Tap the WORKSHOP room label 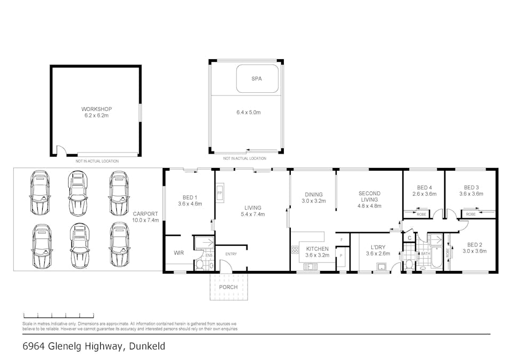coord(97,109)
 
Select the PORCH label coord(228,287)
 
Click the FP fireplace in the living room coord(220,193)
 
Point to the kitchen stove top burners coord(295,250)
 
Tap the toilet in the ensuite coord(200,265)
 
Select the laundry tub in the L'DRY coord(381,267)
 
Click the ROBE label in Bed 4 coord(421,214)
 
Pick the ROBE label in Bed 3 coord(471,214)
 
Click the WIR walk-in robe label coord(179,253)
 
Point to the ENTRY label coord(231,254)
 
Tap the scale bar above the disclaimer coord(59,315)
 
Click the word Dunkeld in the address coord(147,346)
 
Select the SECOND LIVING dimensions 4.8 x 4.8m coord(369,206)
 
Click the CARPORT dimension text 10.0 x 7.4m coord(146,220)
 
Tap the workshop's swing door coord(62,150)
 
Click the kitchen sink coord(311,267)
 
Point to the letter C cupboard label coord(409,238)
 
